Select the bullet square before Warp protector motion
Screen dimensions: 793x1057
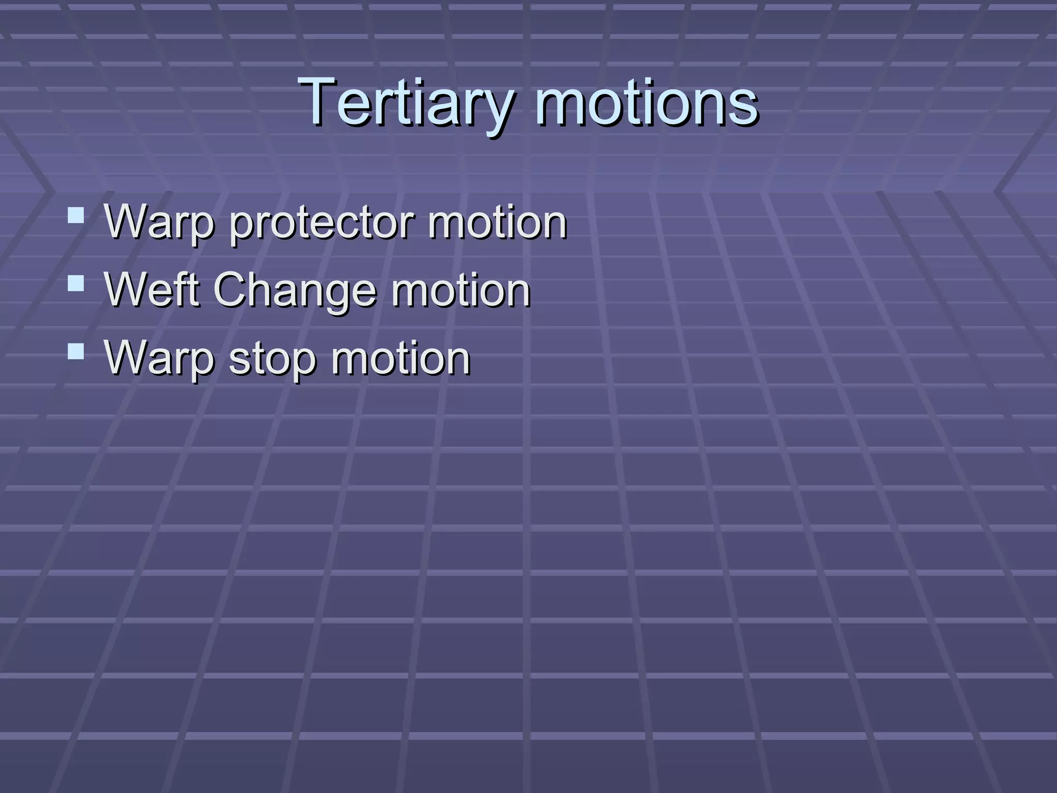click(76, 215)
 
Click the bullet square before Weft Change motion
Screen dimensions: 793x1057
click(76, 283)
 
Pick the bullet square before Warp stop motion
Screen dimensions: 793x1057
click(76, 351)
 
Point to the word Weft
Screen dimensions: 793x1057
click(152, 290)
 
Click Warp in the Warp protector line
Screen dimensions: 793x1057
click(159, 223)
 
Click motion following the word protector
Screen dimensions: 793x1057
click(497, 223)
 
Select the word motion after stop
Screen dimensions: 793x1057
click(401, 359)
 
